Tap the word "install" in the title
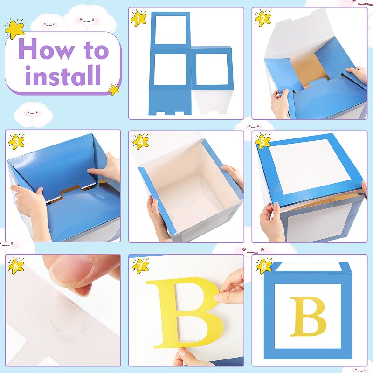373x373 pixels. pyautogui.click(x=63, y=75)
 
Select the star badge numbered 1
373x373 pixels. pyautogui.click(x=138, y=18)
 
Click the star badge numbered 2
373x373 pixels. pyautogui.click(x=262, y=18)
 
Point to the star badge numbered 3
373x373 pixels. pyautogui.click(x=16, y=142)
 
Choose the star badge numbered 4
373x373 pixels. pyautogui.click(x=141, y=142)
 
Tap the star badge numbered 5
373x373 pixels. pyautogui.click(x=262, y=141)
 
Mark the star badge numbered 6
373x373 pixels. pyautogui.click(x=16, y=266)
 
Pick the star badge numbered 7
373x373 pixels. pyautogui.click(x=140, y=265)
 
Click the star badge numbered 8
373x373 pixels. pyautogui.click(x=264, y=266)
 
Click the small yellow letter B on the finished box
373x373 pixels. pyautogui.click(x=308, y=317)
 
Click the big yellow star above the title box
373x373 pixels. pyautogui.click(x=15, y=29)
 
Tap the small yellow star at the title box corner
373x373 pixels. pyautogui.click(x=114, y=90)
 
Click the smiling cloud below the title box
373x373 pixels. pyautogui.click(x=33, y=115)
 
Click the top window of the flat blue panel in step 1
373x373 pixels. pyautogui.click(x=170, y=30)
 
